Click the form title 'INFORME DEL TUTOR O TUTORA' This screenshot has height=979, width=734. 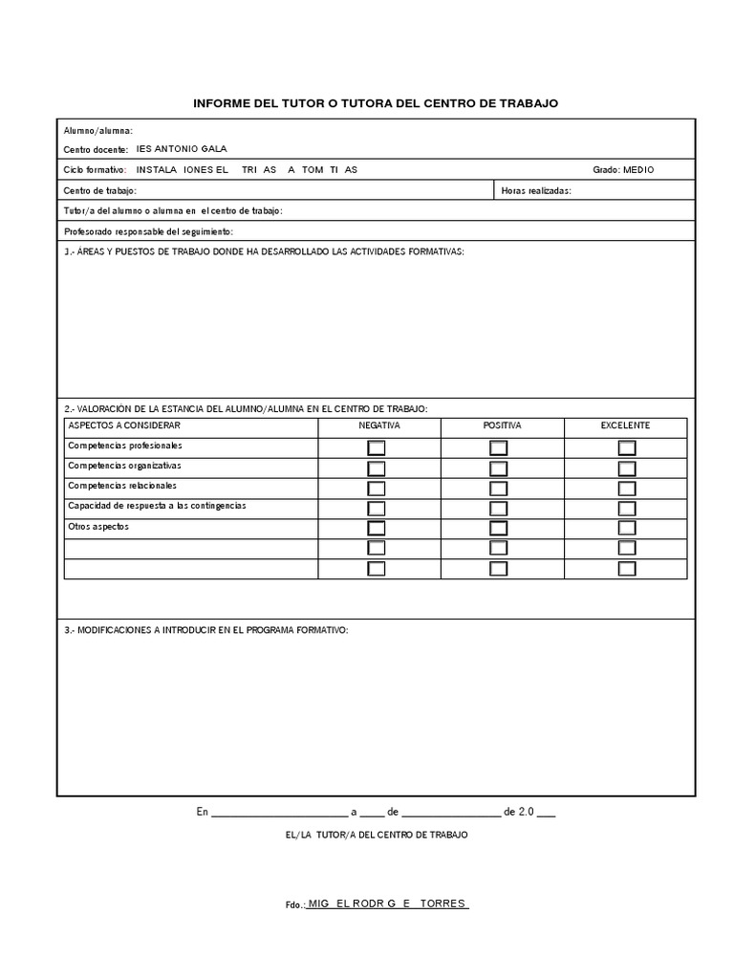376,102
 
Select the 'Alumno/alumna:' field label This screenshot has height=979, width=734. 98,131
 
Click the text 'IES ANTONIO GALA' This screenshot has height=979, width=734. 183,149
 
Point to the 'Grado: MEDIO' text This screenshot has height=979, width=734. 623,170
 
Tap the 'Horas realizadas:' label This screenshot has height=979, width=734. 536,191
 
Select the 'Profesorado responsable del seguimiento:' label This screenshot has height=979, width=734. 148,232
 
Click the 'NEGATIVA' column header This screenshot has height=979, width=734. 379,425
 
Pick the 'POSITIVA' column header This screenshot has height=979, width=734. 502,425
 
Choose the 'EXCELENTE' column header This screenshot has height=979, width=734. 625,425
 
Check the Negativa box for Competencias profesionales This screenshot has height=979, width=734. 377,448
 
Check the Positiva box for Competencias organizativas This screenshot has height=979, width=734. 499,468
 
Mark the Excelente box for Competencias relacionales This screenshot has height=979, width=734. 627,489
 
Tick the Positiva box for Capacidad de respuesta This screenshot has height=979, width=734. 499,509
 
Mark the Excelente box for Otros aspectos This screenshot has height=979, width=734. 627,529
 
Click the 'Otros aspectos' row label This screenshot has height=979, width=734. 97,527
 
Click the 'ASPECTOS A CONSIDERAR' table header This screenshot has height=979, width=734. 123,425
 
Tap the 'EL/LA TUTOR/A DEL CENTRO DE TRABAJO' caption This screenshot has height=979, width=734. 377,835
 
